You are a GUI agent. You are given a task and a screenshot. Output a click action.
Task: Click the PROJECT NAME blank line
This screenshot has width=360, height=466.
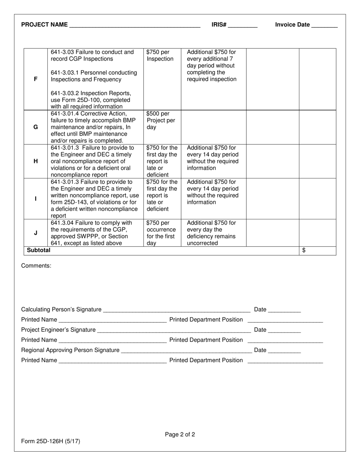[135, 26]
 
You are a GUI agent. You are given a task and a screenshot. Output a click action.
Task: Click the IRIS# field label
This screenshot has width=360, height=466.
[219, 25]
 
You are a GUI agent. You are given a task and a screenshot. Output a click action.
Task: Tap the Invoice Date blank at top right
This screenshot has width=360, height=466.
[324, 26]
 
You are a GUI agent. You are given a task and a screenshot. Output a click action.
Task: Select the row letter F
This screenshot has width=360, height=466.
[36, 79]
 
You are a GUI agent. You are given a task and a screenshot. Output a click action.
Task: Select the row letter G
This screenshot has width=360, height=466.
[36, 127]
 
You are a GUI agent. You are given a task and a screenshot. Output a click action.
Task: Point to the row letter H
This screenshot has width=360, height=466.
[36, 161]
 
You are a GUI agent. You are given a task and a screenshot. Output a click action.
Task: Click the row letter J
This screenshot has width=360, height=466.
[36, 233]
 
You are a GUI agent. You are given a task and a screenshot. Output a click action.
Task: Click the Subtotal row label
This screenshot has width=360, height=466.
[38, 250]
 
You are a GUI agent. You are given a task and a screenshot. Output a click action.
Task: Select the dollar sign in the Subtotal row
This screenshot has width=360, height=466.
[304, 250]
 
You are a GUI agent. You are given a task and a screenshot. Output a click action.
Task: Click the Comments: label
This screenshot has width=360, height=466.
[36, 266]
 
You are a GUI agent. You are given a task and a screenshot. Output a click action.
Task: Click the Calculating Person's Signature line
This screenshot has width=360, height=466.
[176, 310]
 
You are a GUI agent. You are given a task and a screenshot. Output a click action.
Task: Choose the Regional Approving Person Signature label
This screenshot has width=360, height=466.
[70, 350]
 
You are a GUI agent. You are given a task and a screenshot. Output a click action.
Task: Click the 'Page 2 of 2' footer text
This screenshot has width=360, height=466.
[180, 435]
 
